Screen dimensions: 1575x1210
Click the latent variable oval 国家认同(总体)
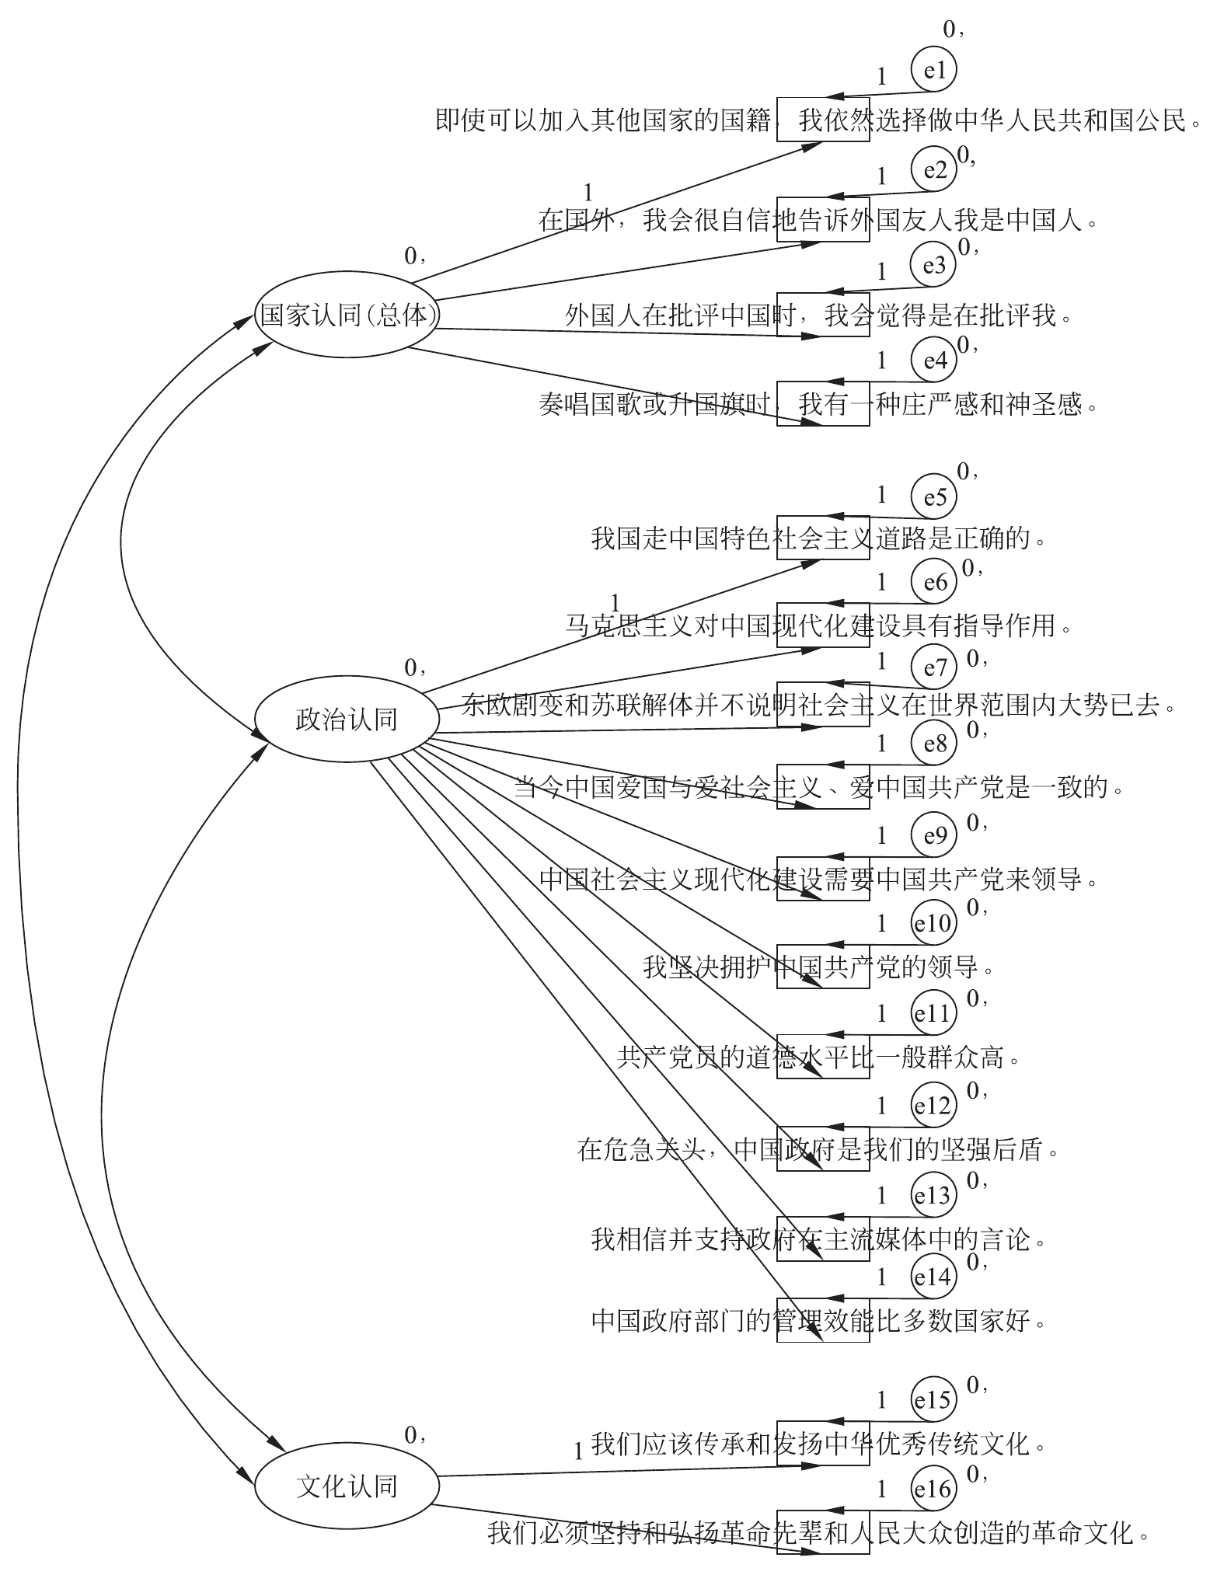click(x=347, y=315)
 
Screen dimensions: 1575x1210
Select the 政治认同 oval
click(x=347, y=720)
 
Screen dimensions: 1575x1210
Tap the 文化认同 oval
click(x=347, y=1486)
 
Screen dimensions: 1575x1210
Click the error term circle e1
click(x=933, y=71)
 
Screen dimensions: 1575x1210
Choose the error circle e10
click(x=933, y=923)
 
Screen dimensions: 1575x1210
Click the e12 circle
click(x=933, y=1105)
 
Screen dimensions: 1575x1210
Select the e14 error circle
click(x=933, y=1277)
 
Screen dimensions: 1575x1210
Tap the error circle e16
click(x=933, y=1489)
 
